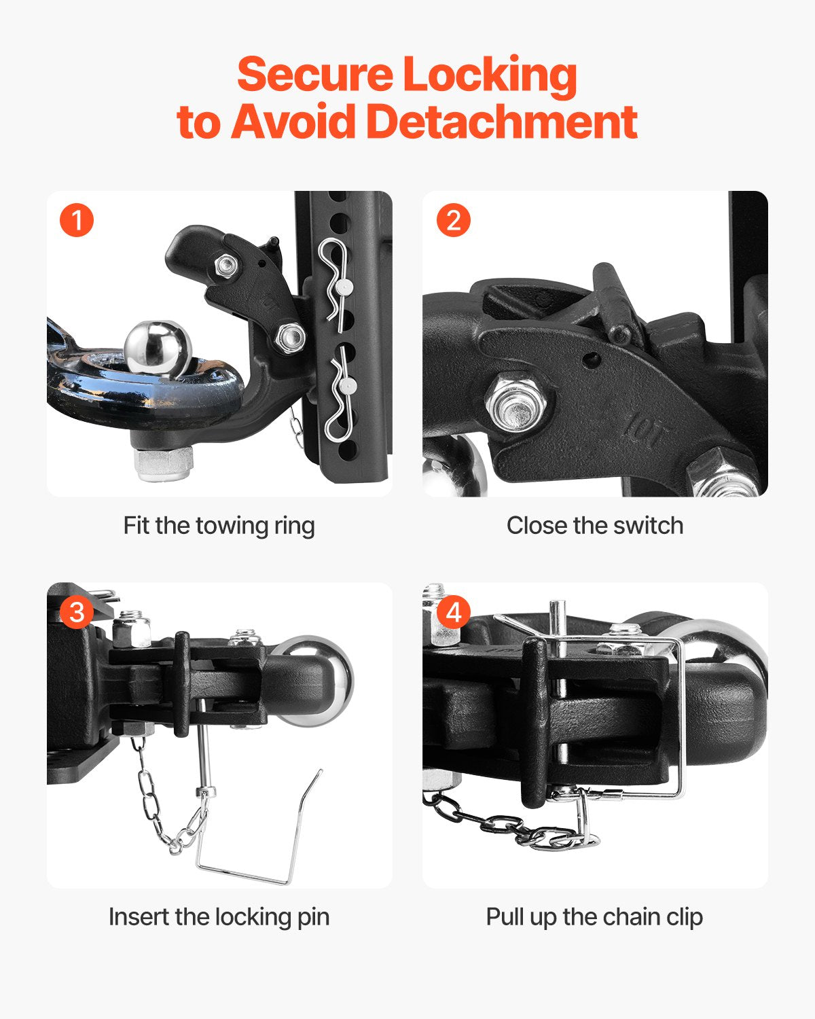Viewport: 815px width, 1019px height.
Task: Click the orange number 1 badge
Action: click(x=77, y=220)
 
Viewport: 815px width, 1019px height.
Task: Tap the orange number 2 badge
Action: click(x=453, y=220)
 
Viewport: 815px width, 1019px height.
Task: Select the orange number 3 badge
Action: click(x=77, y=611)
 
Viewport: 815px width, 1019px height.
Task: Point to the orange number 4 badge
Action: click(x=453, y=611)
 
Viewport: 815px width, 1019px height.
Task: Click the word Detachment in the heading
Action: click(x=501, y=122)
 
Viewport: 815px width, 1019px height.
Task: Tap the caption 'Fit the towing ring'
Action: click(x=219, y=526)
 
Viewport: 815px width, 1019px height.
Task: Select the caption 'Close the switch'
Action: click(x=594, y=526)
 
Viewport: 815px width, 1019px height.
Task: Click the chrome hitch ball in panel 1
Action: click(x=158, y=346)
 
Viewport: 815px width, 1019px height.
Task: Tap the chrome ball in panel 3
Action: click(x=319, y=679)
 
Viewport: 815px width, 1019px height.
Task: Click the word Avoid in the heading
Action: click(x=293, y=122)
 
